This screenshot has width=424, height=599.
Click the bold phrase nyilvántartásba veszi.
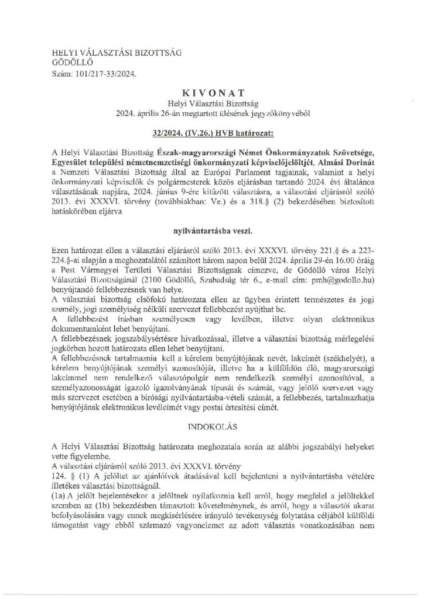(212, 215)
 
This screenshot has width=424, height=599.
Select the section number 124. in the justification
(60, 462)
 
